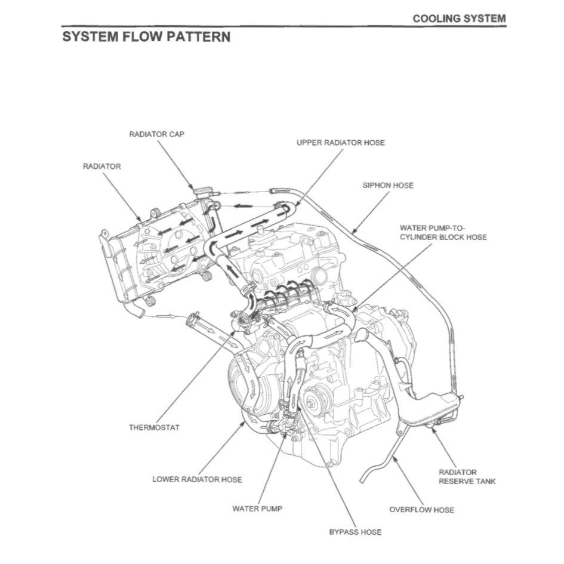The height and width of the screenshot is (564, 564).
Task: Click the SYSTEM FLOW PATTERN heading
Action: coord(146,37)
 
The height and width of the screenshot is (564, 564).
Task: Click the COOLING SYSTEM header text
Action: coord(459,19)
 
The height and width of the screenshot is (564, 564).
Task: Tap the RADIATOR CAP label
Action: coord(156,134)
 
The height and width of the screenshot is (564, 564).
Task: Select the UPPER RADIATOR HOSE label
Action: coord(340,143)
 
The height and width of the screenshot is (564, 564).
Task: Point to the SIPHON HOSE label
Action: coord(387,185)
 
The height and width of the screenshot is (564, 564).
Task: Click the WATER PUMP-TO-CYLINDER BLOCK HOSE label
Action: coord(443,232)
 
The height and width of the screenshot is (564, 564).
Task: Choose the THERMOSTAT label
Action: coord(154,427)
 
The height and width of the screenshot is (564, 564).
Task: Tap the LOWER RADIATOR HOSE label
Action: coord(197,479)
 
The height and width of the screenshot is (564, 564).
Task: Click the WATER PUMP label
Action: coord(257,508)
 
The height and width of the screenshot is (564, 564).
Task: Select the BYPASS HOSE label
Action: coord(355,531)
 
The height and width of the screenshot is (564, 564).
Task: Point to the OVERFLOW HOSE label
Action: coord(421,510)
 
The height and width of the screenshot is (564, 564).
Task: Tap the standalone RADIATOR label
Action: coord(101,166)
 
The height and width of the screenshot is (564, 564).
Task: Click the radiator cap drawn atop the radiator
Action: coord(203,192)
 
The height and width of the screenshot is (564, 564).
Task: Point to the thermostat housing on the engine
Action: coord(242,323)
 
